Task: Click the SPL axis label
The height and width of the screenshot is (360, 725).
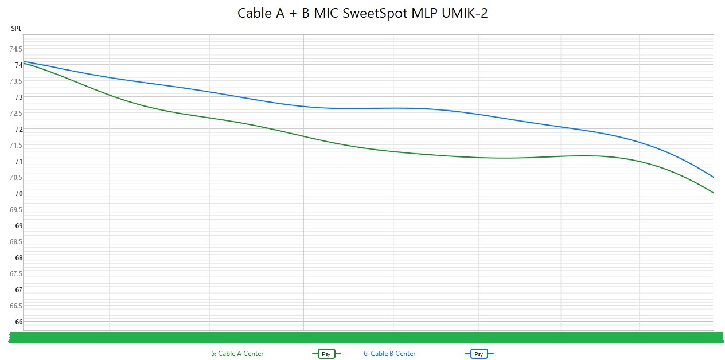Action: coord(16,29)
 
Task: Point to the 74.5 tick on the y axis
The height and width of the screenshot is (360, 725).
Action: coord(15,49)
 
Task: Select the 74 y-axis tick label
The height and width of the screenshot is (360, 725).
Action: coord(18,65)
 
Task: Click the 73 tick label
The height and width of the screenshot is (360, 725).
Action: coord(18,97)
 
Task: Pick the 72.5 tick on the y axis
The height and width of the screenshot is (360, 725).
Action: coord(15,113)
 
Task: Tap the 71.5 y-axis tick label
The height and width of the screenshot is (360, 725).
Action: coord(15,145)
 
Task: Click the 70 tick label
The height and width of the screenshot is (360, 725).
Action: coord(18,193)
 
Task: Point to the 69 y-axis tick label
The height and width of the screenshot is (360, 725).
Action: coord(18,225)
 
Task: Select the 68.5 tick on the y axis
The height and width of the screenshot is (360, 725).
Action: coord(15,241)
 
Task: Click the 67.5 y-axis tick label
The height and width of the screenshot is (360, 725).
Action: coord(15,273)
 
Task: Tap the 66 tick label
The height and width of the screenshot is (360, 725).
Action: coord(18,322)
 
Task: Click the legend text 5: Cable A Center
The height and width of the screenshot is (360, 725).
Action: coord(237,354)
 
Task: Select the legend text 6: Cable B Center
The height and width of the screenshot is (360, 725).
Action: coord(389,354)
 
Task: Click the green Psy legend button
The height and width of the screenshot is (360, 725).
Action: coord(326,354)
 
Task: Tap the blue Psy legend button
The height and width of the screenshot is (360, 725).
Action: coord(478,354)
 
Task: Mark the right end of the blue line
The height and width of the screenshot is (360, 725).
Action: coord(713,177)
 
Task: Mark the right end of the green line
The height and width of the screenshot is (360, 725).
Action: coord(713,193)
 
